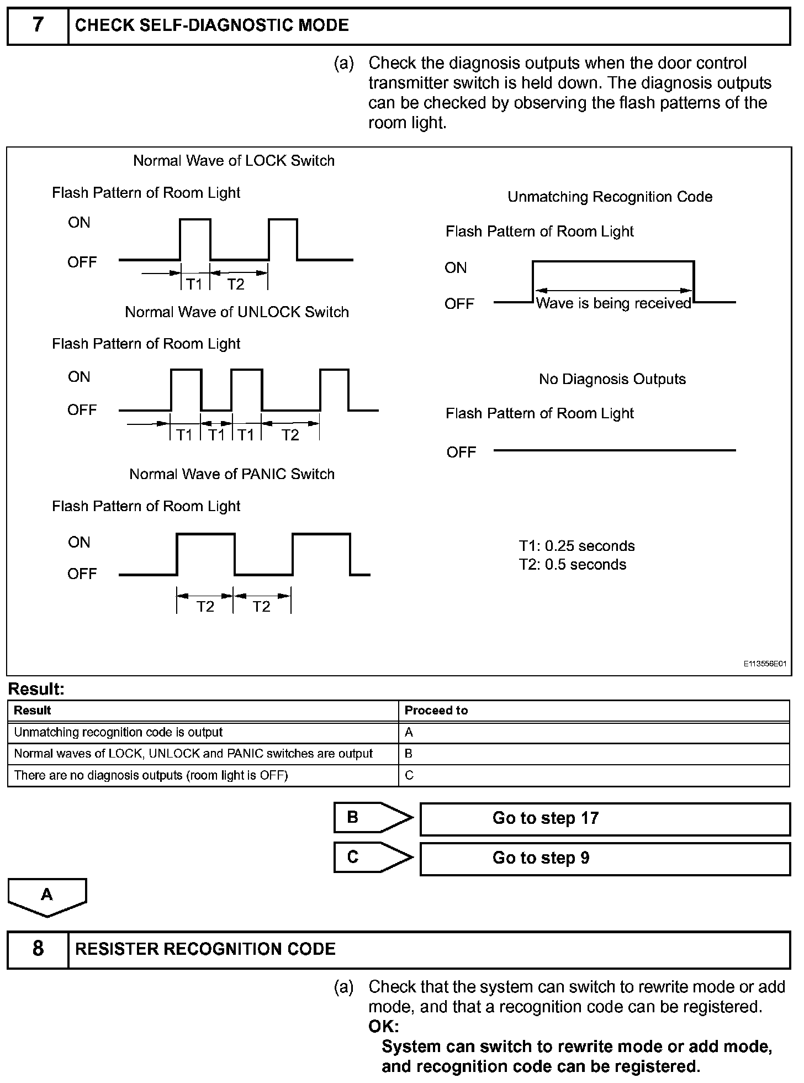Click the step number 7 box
point(38,25)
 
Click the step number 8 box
point(38,949)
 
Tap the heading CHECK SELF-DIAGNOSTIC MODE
point(212,25)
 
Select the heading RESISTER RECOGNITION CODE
point(205,949)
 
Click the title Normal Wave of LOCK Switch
point(234,161)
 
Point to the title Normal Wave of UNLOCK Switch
point(237,312)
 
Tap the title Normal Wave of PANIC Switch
point(232,474)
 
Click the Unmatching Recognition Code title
point(610,197)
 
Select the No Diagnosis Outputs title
point(612,379)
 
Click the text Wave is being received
point(613,303)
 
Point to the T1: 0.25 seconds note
point(577,546)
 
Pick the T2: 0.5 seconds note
point(573,565)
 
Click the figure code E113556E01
point(764,664)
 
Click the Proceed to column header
point(436,711)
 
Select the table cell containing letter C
point(409,775)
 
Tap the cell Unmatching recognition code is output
point(118,732)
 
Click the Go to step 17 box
point(605,818)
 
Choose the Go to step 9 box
point(605,858)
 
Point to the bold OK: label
point(383,1027)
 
